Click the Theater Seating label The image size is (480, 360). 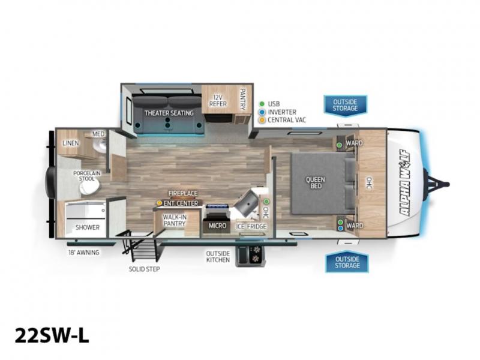pyautogui.click(x=169, y=113)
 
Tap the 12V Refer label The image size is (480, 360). pyautogui.click(x=218, y=101)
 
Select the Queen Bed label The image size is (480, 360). pyautogui.click(x=316, y=182)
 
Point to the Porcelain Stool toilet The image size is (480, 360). pyautogui.click(x=89, y=187)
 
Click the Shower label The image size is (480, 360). pyautogui.click(x=88, y=227)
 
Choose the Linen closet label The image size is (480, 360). pyautogui.click(x=71, y=143)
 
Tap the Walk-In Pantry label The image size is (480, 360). pyautogui.click(x=175, y=220)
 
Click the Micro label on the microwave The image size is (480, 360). pyautogui.click(x=217, y=226)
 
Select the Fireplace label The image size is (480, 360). pyautogui.click(x=183, y=193)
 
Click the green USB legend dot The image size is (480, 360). pyautogui.click(x=262, y=104)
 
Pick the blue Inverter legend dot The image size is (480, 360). pyautogui.click(x=262, y=112)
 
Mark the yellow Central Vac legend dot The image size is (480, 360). pyautogui.click(x=262, y=120)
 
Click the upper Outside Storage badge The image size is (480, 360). pyautogui.click(x=346, y=106)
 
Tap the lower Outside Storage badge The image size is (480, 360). pyautogui.click(x=347, y=262)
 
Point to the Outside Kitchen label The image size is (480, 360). pyautogui.click(x=218, y=257)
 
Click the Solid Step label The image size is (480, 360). pyautogui.click(x=144, y=269)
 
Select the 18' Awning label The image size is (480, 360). pyautogui.click(x=83, y=253)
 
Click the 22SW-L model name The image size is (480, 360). pyautogui.click(x=52, y=335)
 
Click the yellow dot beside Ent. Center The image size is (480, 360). pyautogui.click(x=159, y=203)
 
